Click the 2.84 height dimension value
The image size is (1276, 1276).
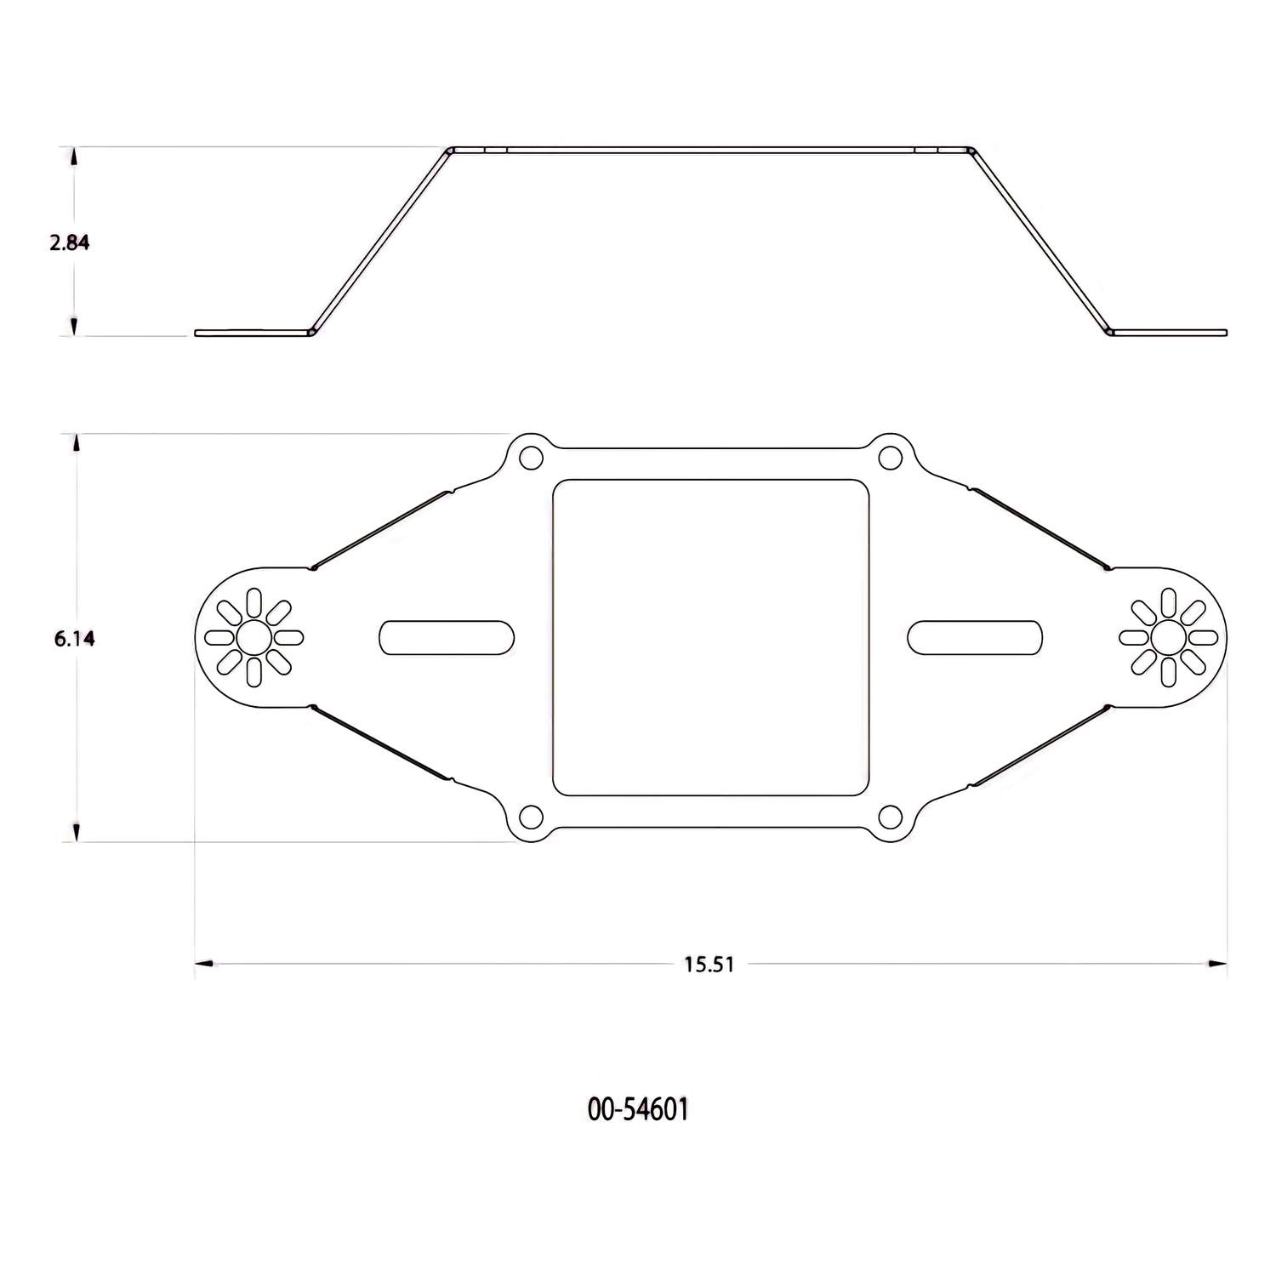70,242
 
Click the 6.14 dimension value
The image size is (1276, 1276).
75,638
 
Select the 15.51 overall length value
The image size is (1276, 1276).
709,965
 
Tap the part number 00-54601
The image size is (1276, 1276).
638,1109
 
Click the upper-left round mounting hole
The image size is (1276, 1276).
531,458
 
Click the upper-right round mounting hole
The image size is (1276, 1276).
890,458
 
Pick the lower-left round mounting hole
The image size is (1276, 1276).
531,817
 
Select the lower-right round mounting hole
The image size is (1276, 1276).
890,817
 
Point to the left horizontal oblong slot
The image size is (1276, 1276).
447,637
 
